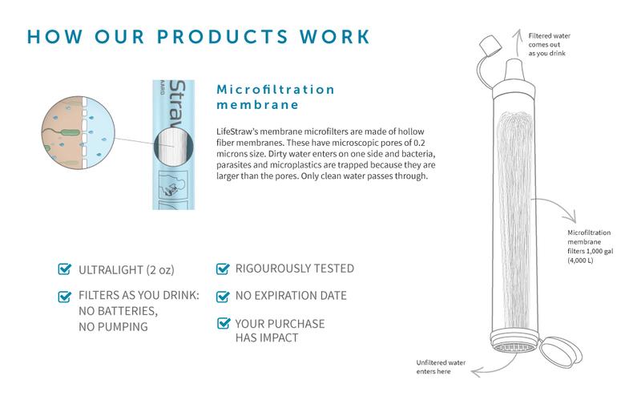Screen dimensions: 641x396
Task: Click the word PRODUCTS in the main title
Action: tap(223, 36)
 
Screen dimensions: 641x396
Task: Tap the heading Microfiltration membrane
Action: tap(276, 97)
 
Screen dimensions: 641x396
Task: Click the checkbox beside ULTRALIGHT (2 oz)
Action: tap(65, 269)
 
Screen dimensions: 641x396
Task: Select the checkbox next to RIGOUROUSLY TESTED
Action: tap(223, 269)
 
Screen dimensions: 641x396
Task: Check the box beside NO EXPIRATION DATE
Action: tap(223, 296)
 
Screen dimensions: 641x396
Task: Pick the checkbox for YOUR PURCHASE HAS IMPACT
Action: tap(224, 323)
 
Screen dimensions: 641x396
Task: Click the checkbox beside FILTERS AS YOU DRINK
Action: tap(65, 296)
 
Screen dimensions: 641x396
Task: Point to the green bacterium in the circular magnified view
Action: tap(71, 132)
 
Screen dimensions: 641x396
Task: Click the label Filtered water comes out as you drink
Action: tap(549, 45)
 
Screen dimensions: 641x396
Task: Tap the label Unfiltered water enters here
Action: tap(441, 367)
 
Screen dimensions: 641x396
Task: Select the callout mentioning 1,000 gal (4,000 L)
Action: tap(590, 246)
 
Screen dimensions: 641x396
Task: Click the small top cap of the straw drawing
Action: tap(490, 45)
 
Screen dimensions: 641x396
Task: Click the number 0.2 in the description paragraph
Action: tap(419, 143)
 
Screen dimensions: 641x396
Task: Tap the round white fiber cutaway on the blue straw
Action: tap(173, 146)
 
